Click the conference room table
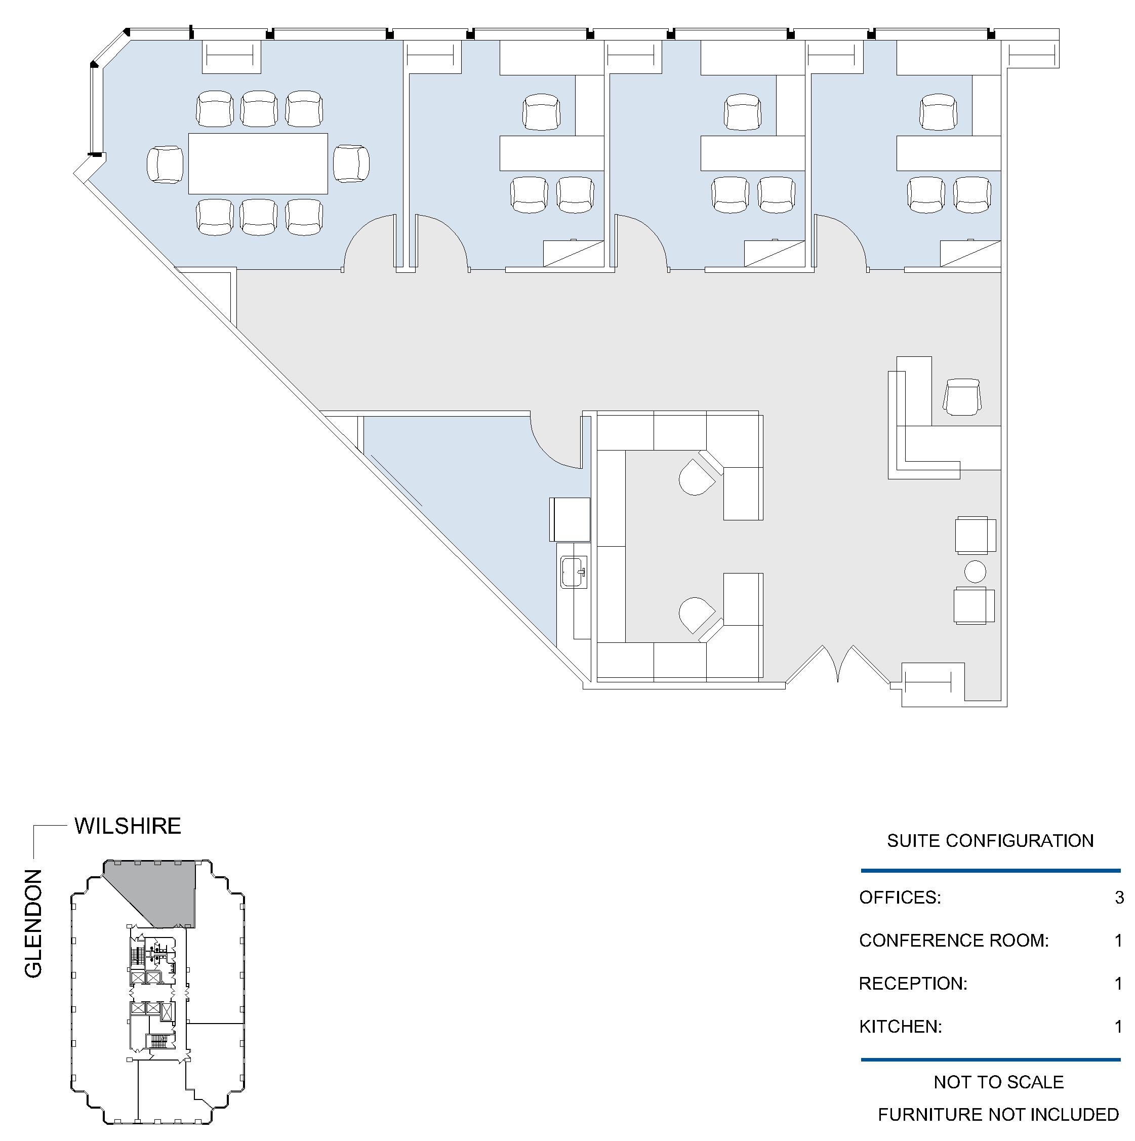tap(258, 164)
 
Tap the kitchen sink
tap(574, 572)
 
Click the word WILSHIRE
tap(128, 826)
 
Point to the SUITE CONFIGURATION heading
tap(990, 840)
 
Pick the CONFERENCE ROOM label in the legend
tap(954, 940)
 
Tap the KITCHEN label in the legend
tap(900, 1027)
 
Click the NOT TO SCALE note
tap(999, 1082)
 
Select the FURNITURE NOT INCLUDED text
tap(998, 1115)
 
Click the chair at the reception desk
tap(962, 397)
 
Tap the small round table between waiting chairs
tap(975, 572)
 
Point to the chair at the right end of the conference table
tap(351, 164)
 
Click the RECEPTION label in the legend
tap(913, 983)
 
